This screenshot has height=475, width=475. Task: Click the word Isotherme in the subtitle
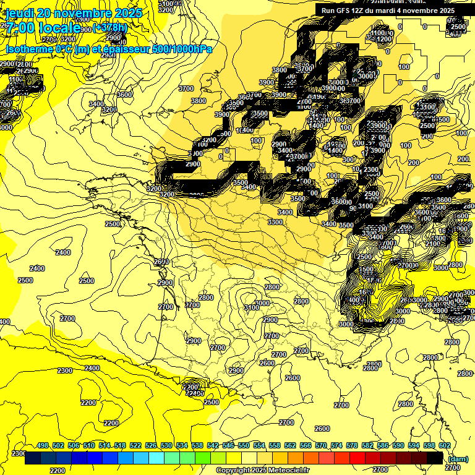click(29, 49)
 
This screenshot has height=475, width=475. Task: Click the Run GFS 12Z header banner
click(387, 11)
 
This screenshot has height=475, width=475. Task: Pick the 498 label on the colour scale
click(43, 445)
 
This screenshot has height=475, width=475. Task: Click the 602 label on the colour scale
click(445, 445)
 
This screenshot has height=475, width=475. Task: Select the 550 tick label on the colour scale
click(244, 445)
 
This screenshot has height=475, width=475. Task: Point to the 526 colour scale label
click(151, 445)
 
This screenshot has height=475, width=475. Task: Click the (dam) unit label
click(458, 458)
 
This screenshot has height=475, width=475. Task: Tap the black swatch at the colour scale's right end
click(435, 458)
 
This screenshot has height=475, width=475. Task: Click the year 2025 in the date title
click(128, 13)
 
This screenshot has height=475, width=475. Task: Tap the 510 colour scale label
click(89, 445)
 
